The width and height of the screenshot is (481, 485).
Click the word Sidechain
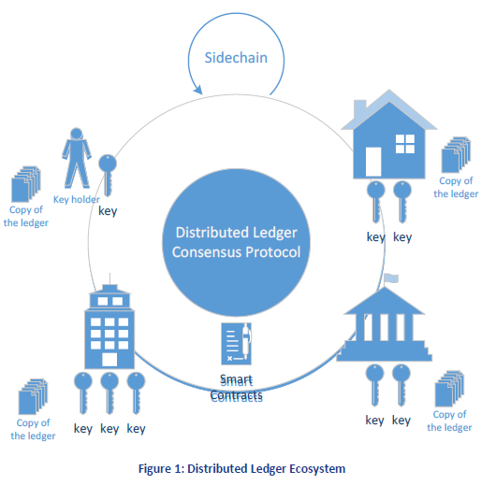click(236, 58)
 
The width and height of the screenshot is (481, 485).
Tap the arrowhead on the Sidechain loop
click(198, 90)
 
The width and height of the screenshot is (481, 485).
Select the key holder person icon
click(77, 158)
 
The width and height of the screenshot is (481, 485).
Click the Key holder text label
click(77, 199)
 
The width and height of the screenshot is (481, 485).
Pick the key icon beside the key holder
click(108, 175)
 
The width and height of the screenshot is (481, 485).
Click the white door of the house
click(373, 162)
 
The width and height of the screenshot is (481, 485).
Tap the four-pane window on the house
click(405, 144)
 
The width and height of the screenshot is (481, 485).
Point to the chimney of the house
click(359, 108)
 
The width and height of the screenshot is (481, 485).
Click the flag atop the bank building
click(391, 278)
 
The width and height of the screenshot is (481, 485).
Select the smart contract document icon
click(236, 344)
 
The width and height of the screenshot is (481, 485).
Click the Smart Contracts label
click(236, 389)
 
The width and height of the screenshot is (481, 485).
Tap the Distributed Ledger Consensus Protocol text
click(236, 242)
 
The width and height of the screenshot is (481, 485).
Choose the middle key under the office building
click(109, 393)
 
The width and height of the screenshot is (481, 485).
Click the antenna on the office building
click(109, 278)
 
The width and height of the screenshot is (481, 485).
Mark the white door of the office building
click(109, 360)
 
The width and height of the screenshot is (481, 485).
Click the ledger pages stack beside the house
click(456, 154)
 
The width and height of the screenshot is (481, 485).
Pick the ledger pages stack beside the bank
click(449, 389)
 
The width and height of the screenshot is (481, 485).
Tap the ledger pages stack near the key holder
click(26, 184)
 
